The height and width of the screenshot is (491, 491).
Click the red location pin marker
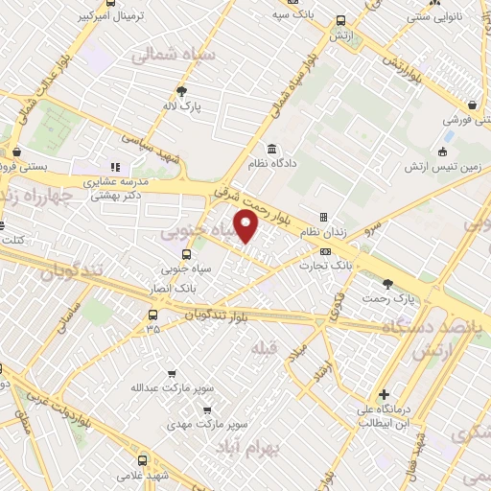pyautogui.click(x=246, y=227)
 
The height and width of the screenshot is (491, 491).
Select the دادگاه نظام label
pyautogui.click(x=272, y=165)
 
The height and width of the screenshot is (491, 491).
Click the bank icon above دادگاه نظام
pyautogui.click(x=272, y=149)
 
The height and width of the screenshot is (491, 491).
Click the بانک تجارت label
pyautogui.click(x=352, y=261)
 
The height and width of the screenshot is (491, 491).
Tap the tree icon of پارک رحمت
pyautogui.click(x=387, y=283)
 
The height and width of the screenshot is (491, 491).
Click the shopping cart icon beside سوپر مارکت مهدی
pyautogui.click(x=205, y=409)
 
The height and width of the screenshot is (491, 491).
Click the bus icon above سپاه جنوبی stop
pyautogui.click(x=186, y=255)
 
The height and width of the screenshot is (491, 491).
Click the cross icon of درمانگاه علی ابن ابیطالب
pyautogui.click(x=384, y=394)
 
